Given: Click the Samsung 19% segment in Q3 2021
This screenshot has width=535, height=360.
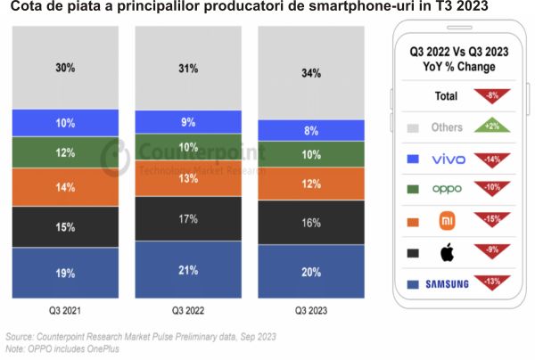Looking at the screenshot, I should click(x=66, y=273).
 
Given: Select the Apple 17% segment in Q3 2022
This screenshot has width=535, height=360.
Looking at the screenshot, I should click(x=188, y=218).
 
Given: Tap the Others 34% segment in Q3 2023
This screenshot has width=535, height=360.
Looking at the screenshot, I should click(x=311, y=73).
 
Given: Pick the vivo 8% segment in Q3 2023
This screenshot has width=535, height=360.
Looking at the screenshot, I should click(x=311, y=129).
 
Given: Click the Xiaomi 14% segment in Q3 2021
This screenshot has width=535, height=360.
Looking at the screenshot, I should click(x=66, y=188).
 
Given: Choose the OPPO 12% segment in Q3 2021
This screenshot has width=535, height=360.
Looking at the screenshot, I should click(x=66, y=152).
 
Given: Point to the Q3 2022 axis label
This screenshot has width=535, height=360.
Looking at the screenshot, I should click(x=188, y=310).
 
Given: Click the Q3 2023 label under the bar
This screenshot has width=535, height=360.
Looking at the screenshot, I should click(x=311, y=310).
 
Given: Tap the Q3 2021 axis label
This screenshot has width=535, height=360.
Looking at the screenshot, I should click(x=66, y=310).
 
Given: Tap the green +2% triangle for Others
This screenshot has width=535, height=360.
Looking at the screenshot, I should click(x=494, y=127).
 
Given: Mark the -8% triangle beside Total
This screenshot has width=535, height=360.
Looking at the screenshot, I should click(x=494, y=94).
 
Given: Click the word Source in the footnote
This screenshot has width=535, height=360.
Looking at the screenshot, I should click(x=18, y=338).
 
